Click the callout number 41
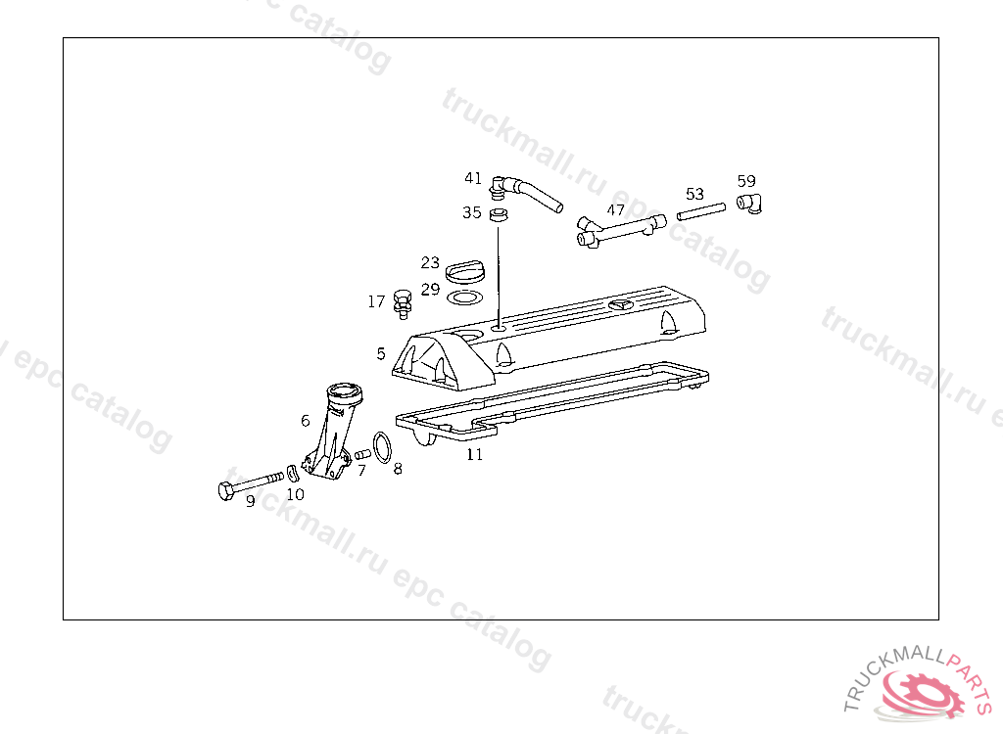click(x=473, y=178)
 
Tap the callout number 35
click(x=472, y=212)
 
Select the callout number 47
click(x=615, y=209)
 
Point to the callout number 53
click(x=694, y=194)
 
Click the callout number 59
click(x=746, y=181)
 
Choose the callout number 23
click(x=430, y=262)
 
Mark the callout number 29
click(x=430, y=290)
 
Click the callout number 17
click(x=376, y=302)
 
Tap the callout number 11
click(x=474, y=455)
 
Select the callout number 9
click(x=250, y=501)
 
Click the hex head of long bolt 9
click(x=225, y=489)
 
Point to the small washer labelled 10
click(x=291, y=475)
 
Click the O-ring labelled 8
click(x=385, y=446)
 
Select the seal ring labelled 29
click(x=465, y=296)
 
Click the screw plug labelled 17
click(x=401, y=302)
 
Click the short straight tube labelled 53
click(x=701, y=211)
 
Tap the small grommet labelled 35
click(x=499, y=213)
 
